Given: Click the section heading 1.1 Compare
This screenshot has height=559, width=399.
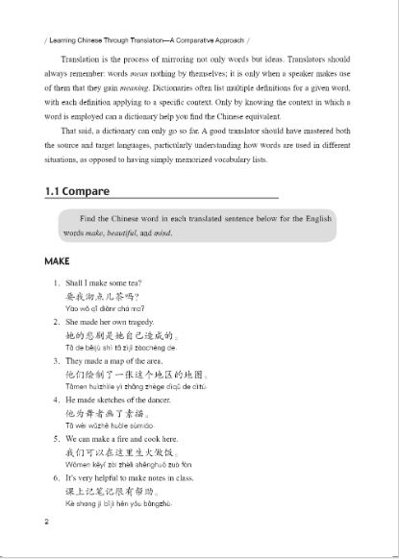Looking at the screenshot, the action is tap(77, 191).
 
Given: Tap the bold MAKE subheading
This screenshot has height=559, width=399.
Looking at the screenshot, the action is tap(59, 260).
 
